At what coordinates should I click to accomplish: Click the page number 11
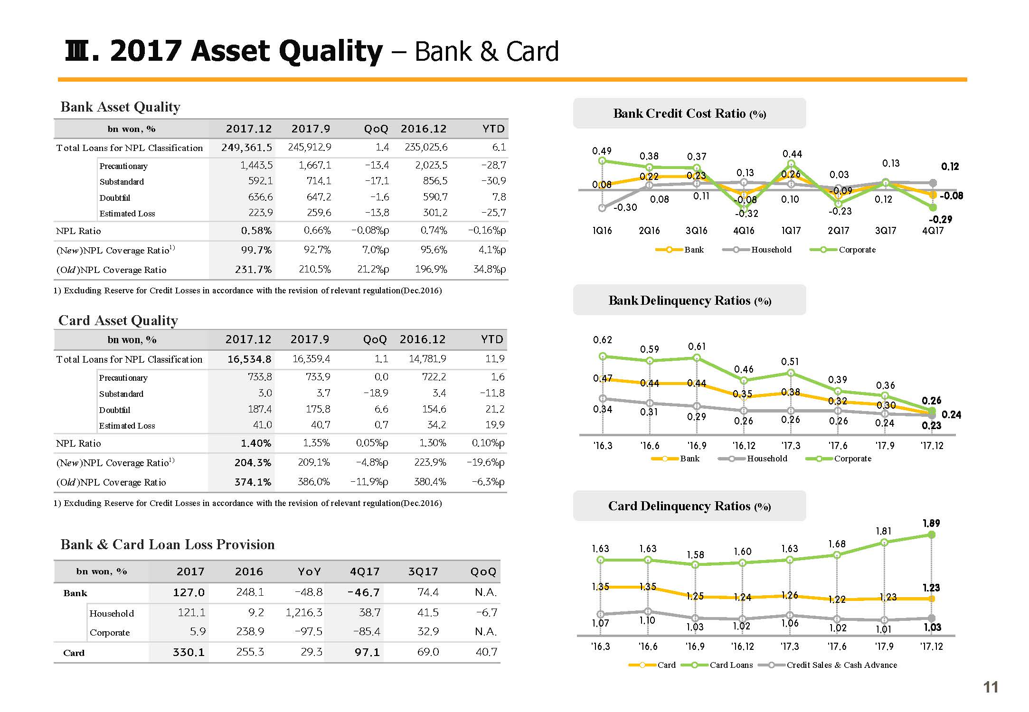[x=991, y=687]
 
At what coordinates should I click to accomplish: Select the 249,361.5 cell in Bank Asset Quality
[x=247, y=148]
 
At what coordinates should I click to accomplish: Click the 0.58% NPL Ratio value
[x=256, y=231]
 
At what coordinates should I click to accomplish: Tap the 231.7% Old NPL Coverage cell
[x=254, y=270]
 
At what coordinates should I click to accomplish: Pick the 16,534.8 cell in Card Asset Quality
[x=249, y=359]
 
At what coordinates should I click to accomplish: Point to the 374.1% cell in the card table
[x=253, y=482]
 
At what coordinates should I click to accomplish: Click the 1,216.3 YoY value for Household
[x=304, y=613]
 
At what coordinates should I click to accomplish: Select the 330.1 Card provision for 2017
[x=189, y=652]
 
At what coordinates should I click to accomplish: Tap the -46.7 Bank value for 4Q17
[x=364, y=592]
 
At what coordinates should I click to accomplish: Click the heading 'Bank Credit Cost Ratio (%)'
[x=689, y=113]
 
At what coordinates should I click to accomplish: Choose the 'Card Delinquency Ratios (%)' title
[x=689, y=506]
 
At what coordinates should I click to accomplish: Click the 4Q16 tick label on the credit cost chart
[x=744, y=231]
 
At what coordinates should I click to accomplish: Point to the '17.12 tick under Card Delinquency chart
[x=932, y=646]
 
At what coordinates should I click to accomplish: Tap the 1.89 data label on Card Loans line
[x=931, y=523]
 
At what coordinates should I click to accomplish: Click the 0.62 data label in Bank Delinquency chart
[x=603, y=340]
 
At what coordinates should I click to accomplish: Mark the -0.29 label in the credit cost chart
[x=940, y=219]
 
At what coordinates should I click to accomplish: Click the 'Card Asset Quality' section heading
[x=118, y=320]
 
